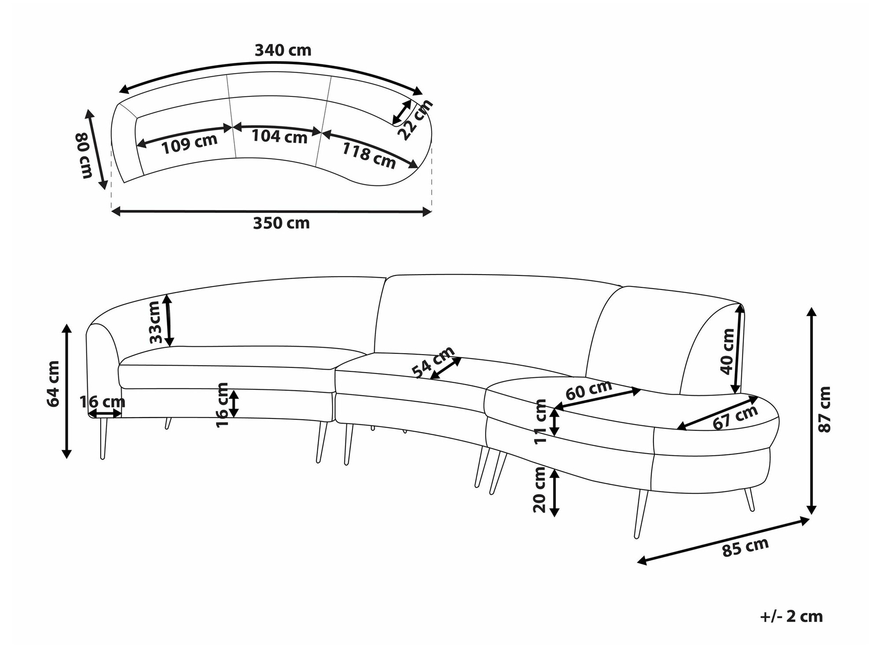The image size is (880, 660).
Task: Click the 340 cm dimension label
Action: click(x=283, y=51)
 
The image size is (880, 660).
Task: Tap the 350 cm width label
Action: click(x=281, y=223)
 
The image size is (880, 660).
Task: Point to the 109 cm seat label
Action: click(x=190, y=144)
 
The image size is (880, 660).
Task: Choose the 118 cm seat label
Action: click(x=369, y=155)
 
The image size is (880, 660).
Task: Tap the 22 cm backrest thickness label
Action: click(x=415, y=120)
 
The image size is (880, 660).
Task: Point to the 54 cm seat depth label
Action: click(x=433, y=362)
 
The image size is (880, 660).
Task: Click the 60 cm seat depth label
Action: click(x=588, y=390)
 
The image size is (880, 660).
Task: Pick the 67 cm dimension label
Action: click(x=735, y=417)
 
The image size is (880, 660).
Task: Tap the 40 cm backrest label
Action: click(x=727, y=351)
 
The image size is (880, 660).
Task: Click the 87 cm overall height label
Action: click(x=825, y=409)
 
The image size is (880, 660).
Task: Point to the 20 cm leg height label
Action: click(x=539, y=490)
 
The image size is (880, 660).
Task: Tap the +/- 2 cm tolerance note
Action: click(x=791, y=616)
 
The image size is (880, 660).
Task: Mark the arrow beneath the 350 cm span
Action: click(x=271, y=212)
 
